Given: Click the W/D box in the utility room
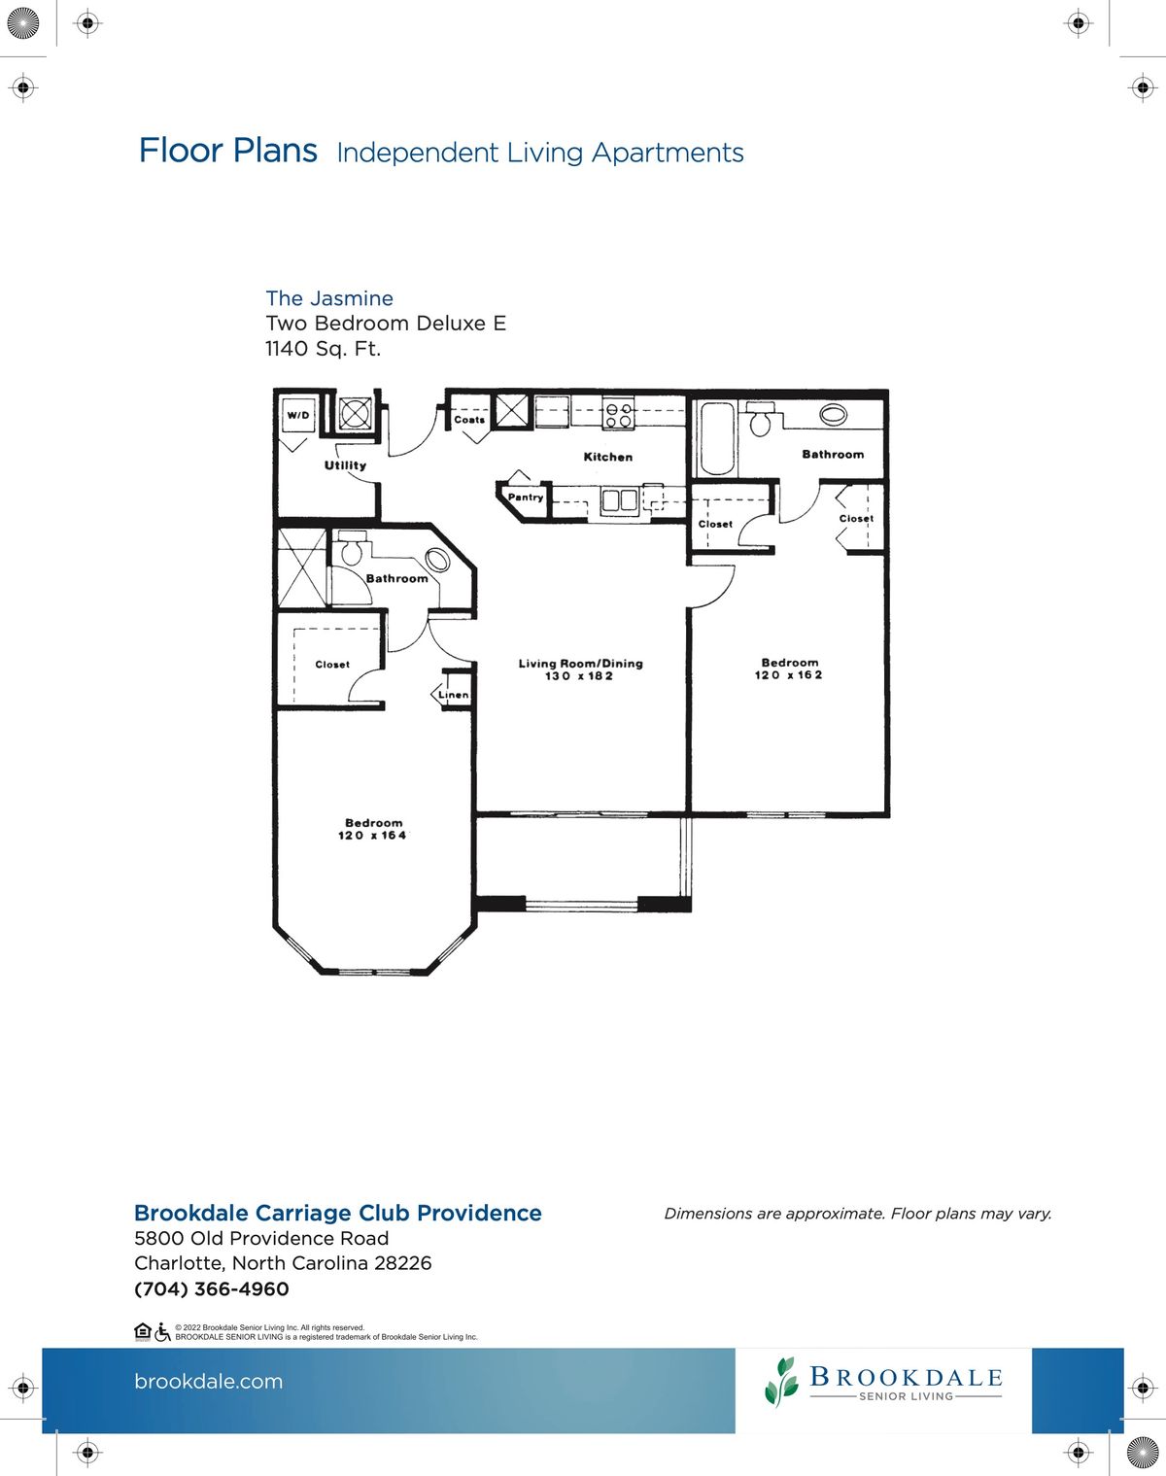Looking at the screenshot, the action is tap(298, 416).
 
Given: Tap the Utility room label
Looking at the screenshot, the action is tap(345, 465).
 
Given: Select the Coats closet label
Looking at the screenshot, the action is tap(469, 419).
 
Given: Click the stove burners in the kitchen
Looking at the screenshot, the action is tap(619, 415).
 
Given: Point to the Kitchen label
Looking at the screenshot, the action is tap(607, 457).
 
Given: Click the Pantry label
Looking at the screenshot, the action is tap(526, 498).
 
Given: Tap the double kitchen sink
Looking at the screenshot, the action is tap(619, 500).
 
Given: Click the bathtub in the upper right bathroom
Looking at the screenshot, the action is tap(717, 438).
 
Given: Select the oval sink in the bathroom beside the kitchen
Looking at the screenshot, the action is tap(833, 414).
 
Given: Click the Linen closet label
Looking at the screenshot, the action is tap(454, 695).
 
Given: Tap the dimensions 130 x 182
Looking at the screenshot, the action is tap(579, 676).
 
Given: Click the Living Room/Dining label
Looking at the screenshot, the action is tap(580, 664).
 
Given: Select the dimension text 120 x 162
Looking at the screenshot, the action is tap(789, 675).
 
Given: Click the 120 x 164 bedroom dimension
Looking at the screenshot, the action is tap(372, 836).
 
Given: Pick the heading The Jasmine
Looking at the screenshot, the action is tap(329, 298).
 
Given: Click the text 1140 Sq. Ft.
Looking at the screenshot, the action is tap(323, 349).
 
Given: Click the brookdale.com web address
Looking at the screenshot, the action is tap(209, 1382).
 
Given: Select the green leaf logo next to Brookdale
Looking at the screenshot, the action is tap(781, 1382).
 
